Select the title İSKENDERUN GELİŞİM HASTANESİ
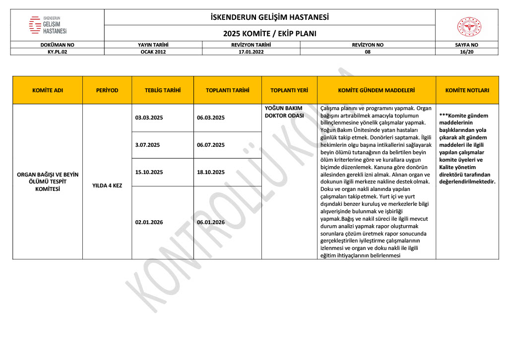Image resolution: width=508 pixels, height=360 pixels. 269,18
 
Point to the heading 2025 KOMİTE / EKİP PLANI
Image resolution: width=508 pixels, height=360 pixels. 269,34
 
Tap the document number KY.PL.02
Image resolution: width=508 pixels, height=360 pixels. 57,52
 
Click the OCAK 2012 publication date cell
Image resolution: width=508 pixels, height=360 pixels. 153,52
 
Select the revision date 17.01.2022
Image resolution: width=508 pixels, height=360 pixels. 251,52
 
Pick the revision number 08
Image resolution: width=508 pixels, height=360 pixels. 368,52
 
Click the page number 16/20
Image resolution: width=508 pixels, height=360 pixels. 467,52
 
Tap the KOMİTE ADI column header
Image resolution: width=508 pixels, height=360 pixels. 48,91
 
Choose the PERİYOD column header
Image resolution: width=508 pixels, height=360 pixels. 107,91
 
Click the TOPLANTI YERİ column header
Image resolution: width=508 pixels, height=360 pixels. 289,91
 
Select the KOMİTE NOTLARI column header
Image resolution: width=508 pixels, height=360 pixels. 467,91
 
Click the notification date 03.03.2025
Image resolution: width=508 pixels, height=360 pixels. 149,118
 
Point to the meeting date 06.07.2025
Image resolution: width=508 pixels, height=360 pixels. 211,145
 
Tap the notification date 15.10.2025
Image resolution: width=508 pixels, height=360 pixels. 149,173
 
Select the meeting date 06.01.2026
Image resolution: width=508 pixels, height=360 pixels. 211,223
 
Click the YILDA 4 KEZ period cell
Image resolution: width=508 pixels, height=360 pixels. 107,185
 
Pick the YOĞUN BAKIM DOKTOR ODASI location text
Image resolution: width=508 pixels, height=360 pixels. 284,112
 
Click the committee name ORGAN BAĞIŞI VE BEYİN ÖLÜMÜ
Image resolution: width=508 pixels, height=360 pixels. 48,178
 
